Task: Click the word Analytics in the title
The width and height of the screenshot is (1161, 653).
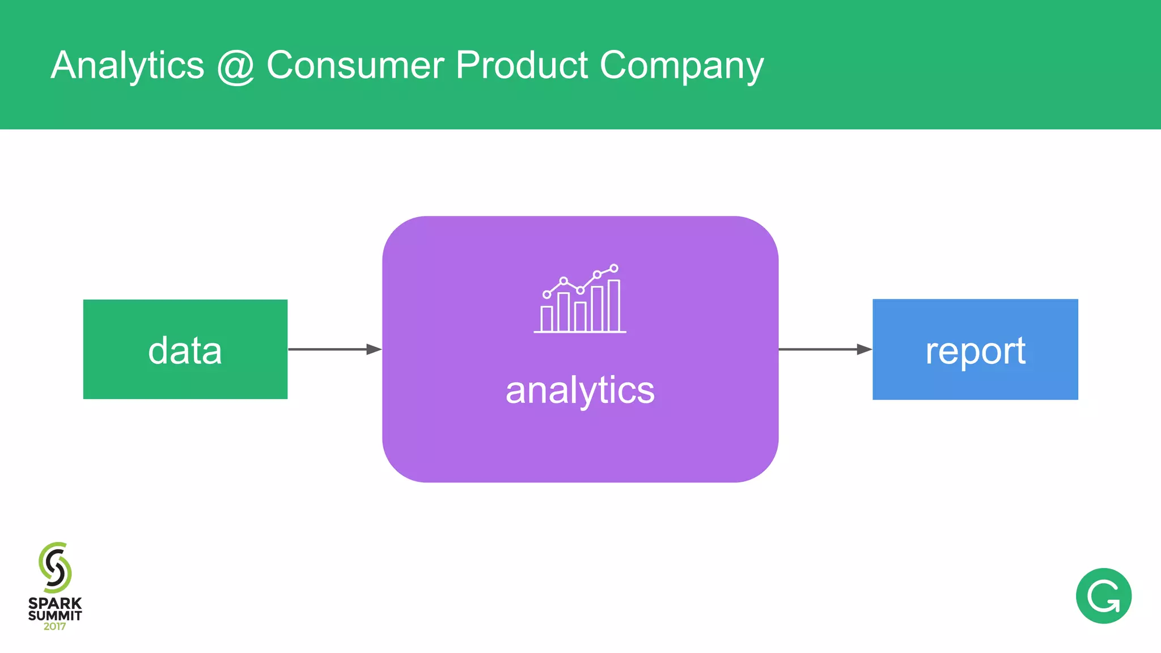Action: point(127,65)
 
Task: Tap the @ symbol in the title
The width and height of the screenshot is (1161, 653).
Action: point(235,66)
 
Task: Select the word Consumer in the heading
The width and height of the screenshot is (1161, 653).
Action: point(355,65)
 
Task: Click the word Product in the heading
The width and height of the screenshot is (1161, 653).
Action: point(522,65)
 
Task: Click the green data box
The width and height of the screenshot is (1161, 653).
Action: point(185,350)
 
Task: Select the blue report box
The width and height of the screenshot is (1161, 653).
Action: point(975,350)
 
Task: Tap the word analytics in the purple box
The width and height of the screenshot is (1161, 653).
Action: point(580,391)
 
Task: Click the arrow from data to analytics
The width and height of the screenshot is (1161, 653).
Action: point(334,349)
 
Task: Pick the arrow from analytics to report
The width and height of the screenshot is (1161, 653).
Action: point(825,349)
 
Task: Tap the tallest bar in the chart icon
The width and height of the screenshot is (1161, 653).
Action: point(614,306)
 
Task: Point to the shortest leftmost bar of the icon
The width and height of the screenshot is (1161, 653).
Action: point(546,319)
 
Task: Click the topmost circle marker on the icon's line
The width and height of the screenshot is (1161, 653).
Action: point(614,268)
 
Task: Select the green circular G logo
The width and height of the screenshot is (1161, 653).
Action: point(1103,596)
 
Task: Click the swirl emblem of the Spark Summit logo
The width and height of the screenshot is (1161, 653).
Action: point(55,567)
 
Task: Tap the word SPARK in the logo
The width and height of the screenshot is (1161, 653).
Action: point(55,603)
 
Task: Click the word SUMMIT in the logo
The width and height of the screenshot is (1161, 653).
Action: point(55,615)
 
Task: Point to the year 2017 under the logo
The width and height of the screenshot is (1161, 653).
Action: point(54,626)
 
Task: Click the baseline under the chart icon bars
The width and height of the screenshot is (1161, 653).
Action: point(580,332)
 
